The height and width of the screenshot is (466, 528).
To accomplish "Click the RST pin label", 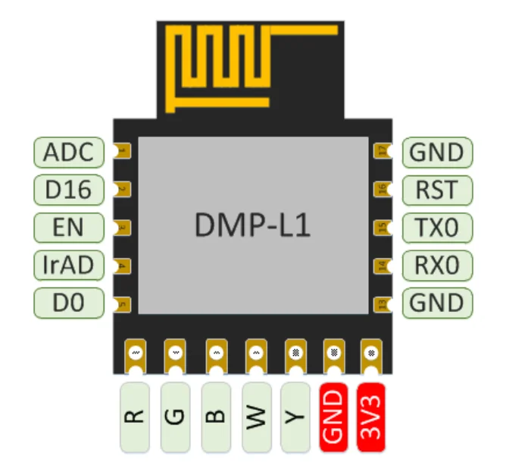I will [x=437, y=190].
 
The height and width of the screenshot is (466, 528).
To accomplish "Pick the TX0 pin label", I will [x=437, y=227].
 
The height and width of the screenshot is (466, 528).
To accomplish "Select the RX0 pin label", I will [x=437, y=265].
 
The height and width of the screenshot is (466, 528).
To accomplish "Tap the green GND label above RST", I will [x=437, y=152].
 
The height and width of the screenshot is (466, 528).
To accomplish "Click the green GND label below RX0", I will [x=437, y=303].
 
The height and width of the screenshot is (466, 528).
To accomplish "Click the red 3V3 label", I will [x=371, y=417].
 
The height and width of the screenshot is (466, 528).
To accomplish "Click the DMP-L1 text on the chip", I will [x=252, y=226].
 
